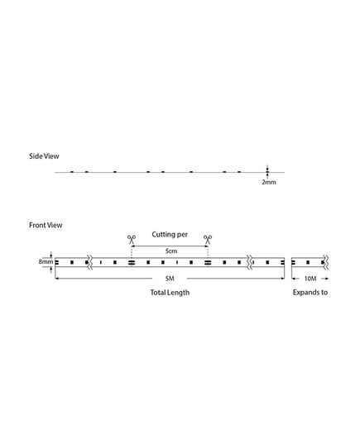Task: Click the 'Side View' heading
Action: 44,156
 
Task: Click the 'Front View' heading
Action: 46,225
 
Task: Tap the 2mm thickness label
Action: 269,182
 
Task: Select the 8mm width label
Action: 46,261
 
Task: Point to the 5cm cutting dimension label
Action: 171,251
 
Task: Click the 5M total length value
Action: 170,279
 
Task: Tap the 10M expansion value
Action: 310,279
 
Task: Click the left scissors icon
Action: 132,240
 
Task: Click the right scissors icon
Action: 208,240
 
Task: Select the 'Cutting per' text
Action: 170,235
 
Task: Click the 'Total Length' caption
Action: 170,292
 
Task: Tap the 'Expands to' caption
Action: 310,292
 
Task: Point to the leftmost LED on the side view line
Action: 72,172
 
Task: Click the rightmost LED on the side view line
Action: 239,172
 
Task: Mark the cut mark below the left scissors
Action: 132,262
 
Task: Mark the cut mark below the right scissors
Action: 208,262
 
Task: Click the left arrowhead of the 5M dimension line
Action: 56,279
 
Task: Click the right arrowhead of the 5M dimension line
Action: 282,279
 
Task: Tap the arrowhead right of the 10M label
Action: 327,279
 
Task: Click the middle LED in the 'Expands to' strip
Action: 308,262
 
